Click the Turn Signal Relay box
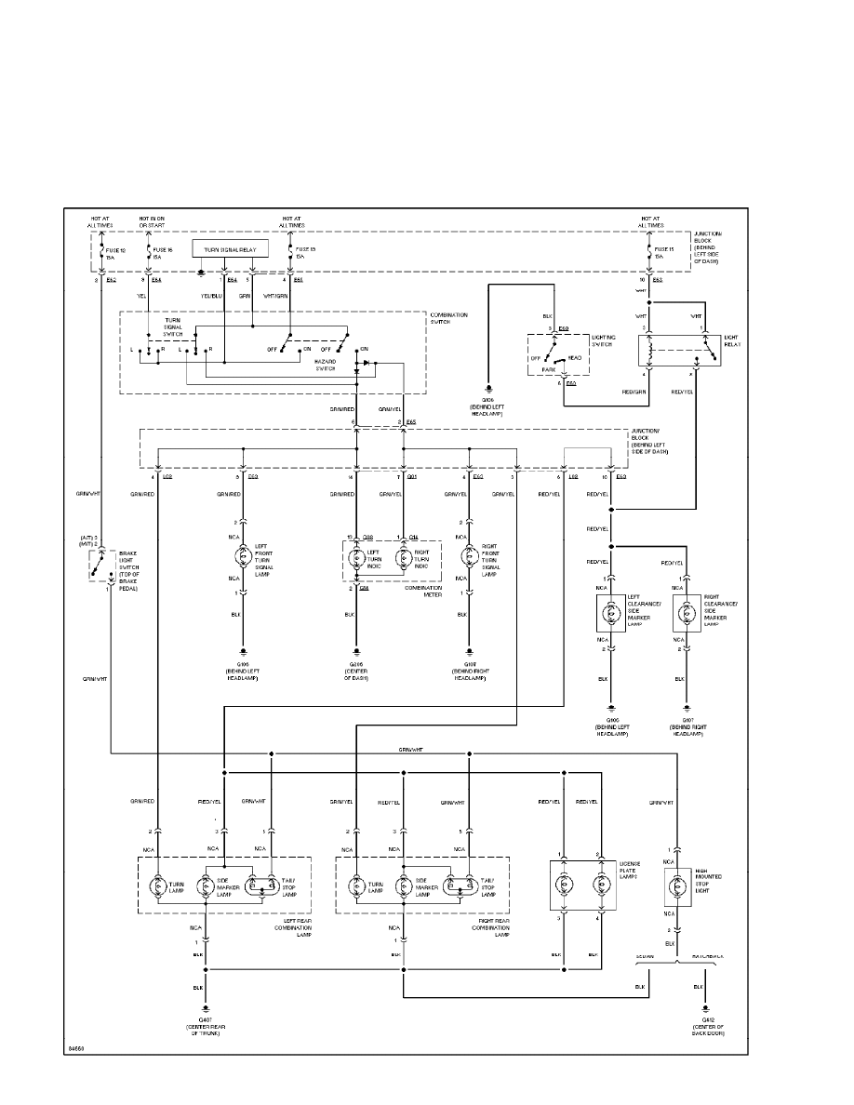(231, 249)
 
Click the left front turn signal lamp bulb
(243, 558)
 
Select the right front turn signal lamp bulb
(469, 558)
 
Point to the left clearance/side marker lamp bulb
(611, 613)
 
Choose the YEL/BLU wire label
(211, 296)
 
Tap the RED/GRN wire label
(635, 393)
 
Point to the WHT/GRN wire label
(276, 296)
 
